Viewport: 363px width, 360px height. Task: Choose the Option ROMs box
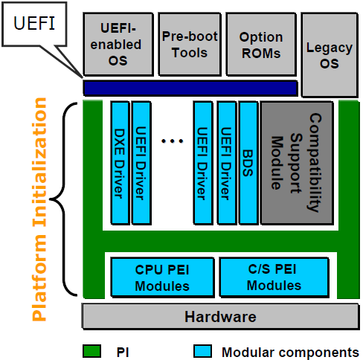coord(260,43)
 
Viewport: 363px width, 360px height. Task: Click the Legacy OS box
coord(328,55)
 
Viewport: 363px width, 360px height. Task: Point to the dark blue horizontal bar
coord(190,88)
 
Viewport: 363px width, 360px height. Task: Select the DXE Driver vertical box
coord(120,162)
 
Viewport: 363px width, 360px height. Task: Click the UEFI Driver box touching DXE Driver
coord(141,162)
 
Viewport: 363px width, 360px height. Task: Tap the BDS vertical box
coord(248,162)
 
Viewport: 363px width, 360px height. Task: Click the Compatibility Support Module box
coord(296,162)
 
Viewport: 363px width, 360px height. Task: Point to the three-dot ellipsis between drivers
coord(172,139)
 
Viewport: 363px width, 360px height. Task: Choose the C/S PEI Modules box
coord(273,275)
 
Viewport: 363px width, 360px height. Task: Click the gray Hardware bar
coord(220,316)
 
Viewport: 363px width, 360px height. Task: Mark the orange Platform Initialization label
coord(40,208)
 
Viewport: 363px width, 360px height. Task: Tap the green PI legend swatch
coord(91,350)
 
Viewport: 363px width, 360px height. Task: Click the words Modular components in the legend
coord(290,350)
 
